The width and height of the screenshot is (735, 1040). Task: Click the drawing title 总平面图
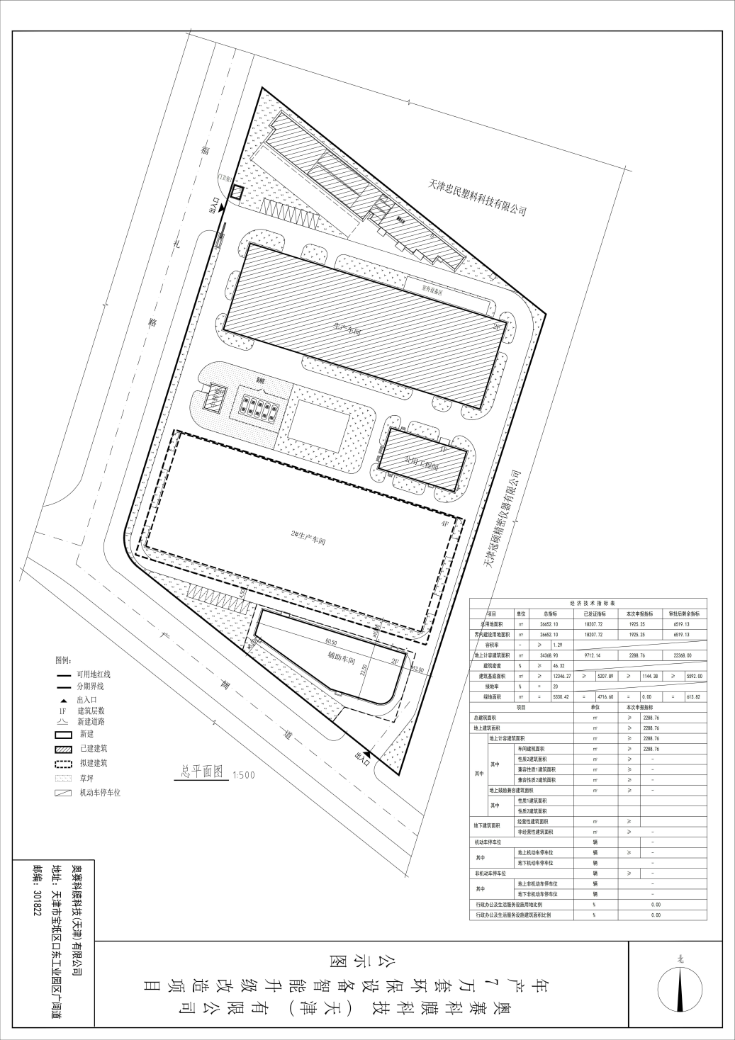pos(203,772)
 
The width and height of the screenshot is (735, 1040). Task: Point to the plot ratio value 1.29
pos(557,645)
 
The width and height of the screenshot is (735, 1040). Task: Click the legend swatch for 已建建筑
pos(64,749)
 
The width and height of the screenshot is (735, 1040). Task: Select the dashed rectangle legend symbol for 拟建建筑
pos(64,764)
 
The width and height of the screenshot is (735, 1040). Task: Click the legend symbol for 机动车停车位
pos(64,793)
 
